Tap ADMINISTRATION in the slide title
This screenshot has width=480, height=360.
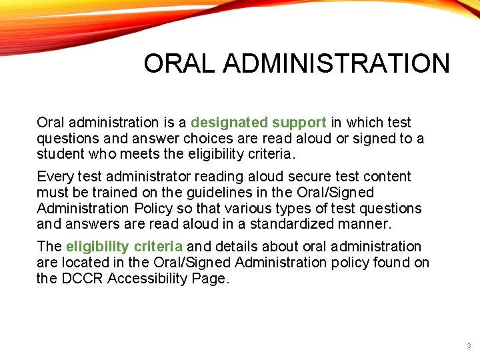337,64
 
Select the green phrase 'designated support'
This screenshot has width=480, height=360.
259,123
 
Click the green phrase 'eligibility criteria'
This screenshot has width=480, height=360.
125,247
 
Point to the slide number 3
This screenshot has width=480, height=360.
469,346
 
